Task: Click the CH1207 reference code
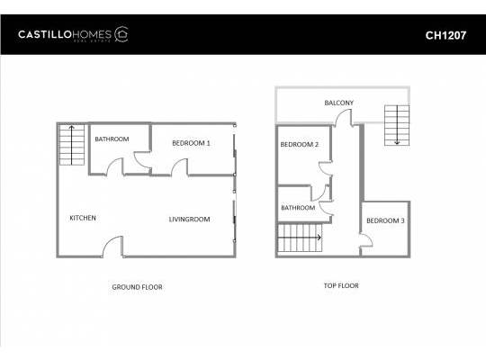445,35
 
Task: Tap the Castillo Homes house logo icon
121,34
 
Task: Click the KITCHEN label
83,218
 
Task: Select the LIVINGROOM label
189,220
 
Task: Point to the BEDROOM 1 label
191,143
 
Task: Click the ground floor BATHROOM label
112,139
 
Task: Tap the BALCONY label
338,103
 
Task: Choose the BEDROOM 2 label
300,145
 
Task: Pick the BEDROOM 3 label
385,220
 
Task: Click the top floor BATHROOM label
298,207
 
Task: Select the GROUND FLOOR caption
138,287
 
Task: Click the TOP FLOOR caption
341,285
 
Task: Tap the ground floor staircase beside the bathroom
72,145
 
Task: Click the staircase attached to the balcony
397,125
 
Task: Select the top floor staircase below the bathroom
300,238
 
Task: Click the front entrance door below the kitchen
112,247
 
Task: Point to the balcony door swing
343,118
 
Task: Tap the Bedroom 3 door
366,240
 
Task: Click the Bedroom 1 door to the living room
180,167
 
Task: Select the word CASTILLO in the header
45,34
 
